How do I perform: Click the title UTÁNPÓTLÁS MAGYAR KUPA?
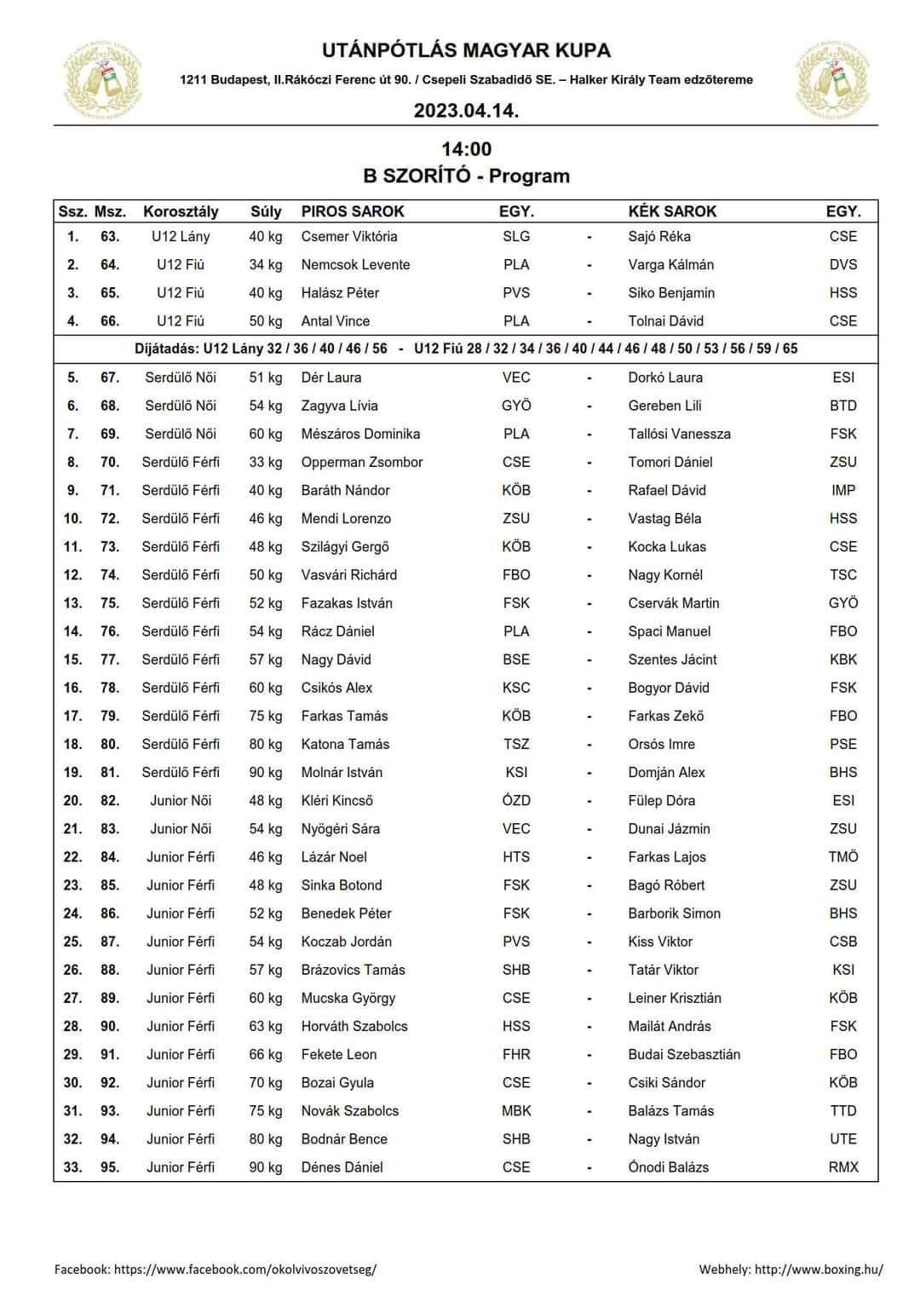coord(466,51)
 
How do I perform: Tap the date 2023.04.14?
coord(466,111)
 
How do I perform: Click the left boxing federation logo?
coord(103,80)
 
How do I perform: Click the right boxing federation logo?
coord(835,80)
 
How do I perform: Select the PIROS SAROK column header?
coord(353,211)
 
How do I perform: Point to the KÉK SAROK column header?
coord(672,211)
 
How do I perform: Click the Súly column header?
coord(266,211)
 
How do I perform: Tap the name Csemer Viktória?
coord(349,237)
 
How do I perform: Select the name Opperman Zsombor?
coord(362,462)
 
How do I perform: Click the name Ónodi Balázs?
coord(669,1167)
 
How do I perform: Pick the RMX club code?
coord(843,1167)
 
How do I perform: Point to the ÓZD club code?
coord(516,801)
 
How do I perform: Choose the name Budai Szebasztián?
coord(684,1055)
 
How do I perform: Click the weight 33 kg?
coord(266,462)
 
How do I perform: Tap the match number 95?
coord(110,1167)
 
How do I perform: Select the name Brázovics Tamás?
coord(354,970)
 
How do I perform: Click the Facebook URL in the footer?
coord(245,1269)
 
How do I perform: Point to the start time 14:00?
coord(466,150)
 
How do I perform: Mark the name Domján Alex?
coord(667,773)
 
